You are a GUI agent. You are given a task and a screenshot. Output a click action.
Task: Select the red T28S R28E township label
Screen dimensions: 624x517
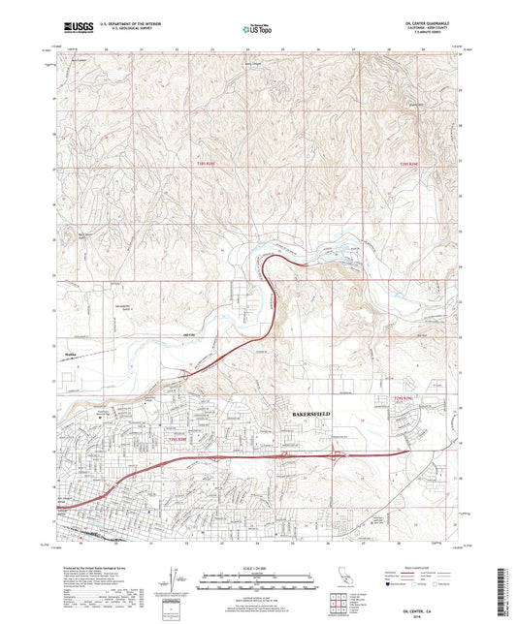click(x=200, y=166)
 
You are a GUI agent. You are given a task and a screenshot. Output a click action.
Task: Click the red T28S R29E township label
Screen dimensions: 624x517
click(x=413, y=166)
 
